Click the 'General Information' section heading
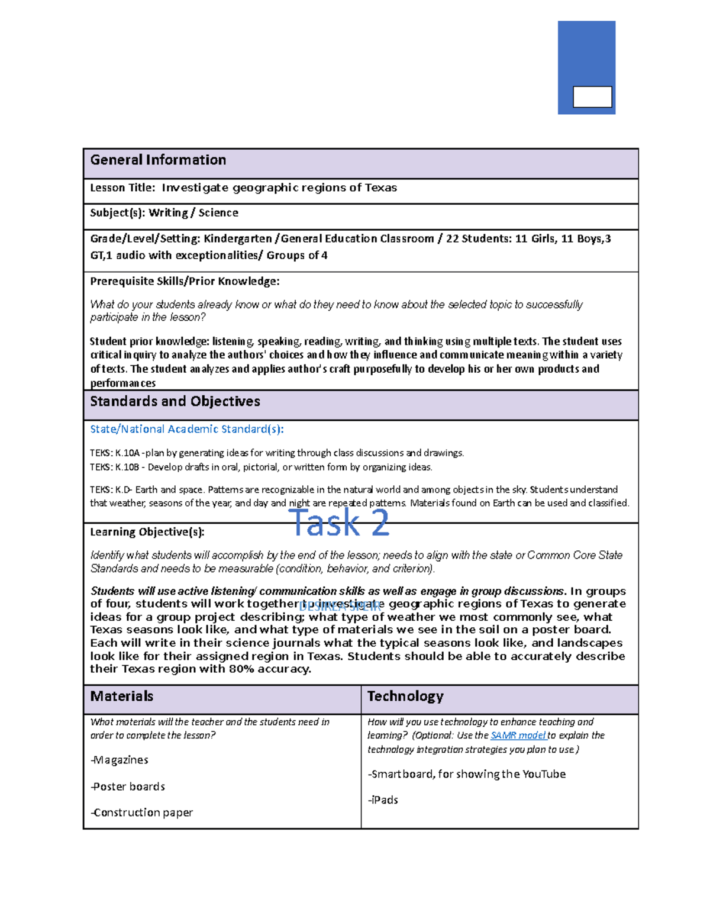(158, 160)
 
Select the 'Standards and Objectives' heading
(175, 402)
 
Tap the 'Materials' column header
(121, 696)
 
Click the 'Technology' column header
(405, 696)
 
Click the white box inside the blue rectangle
(592, 97)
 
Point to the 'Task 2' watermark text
(339, 523)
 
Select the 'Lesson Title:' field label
(122, 188)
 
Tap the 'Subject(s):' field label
(117, 213)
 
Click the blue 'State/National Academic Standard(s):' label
(186, 430)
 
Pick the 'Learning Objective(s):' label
(147, 532)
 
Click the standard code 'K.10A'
(127, 453)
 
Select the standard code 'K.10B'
(127, 467)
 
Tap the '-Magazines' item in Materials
(120, 760)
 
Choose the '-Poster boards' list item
(128, 787)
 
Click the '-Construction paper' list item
(142, 813)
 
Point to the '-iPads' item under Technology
(383, 800)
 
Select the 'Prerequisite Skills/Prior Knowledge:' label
(185, 282)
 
